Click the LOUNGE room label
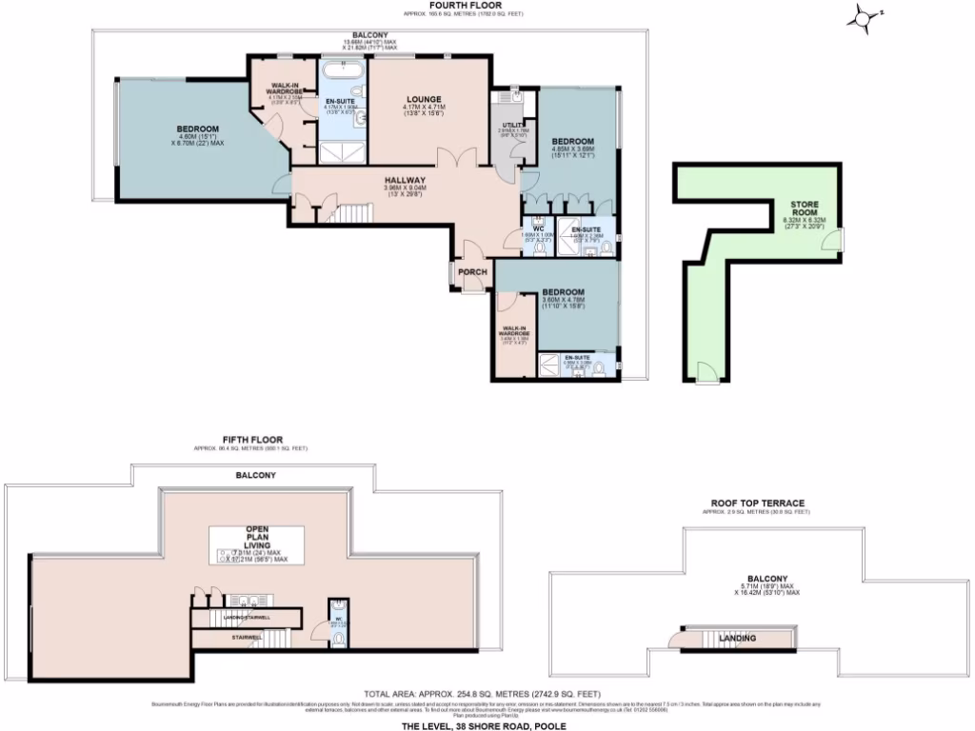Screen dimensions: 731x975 (x=424, y=98)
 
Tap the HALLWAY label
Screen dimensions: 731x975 (x=405, y=180)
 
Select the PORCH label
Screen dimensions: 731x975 (x=473, y=272)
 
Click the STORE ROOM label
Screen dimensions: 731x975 (x=805, y=209)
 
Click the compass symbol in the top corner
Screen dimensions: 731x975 (x=863, y=16)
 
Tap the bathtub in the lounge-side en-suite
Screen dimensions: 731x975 (x=343, y=71)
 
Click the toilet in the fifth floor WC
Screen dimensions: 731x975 (x=339, y=638)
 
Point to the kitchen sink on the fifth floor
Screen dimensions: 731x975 (x=246, y=601)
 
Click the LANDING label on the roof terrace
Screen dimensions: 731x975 (x=737, y=638)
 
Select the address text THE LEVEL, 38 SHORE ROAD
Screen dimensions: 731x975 (x=484, y=723)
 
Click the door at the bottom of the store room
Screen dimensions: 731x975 (x=706, y=373)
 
